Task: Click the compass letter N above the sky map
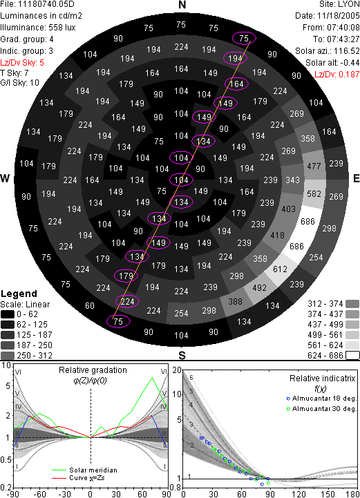click(x=182, y=5)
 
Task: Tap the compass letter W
click(x=5, y=178)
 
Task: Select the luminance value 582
click(x=314, y=193)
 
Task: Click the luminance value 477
click(x=314, y=166)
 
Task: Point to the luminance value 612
click(x=280, y=269)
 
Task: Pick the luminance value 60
click(x=90, y=306)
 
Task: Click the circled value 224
click(x=127, y=301)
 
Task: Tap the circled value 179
click(x=126, y=276)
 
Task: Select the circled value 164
click(x=236, y=84)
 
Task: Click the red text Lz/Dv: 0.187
click(x=337, y=75)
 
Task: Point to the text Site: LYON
click(x=339, y=4)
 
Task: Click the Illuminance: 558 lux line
click(x=38, y=28)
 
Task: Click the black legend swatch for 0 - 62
click(x=8, y=314)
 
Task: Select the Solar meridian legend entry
click(x=84, y=470)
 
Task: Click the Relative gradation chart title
click(x=93, y=370)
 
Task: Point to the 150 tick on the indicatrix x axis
click(x=328, y=494)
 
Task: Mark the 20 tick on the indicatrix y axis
click(x=177, y=370)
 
